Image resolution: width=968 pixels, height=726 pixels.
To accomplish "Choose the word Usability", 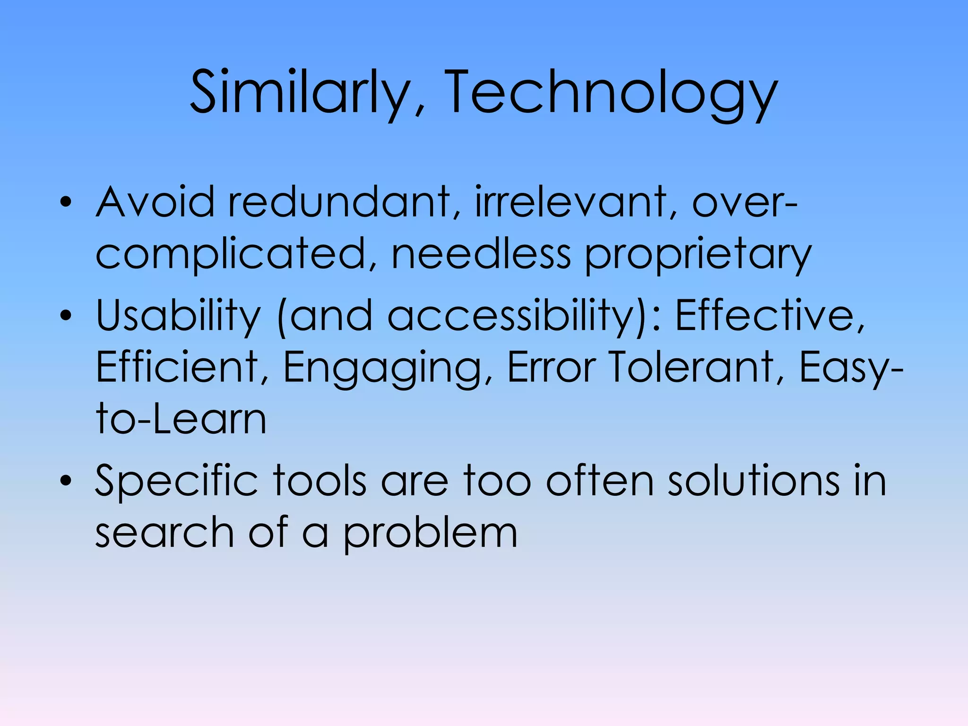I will click(178, 315).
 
